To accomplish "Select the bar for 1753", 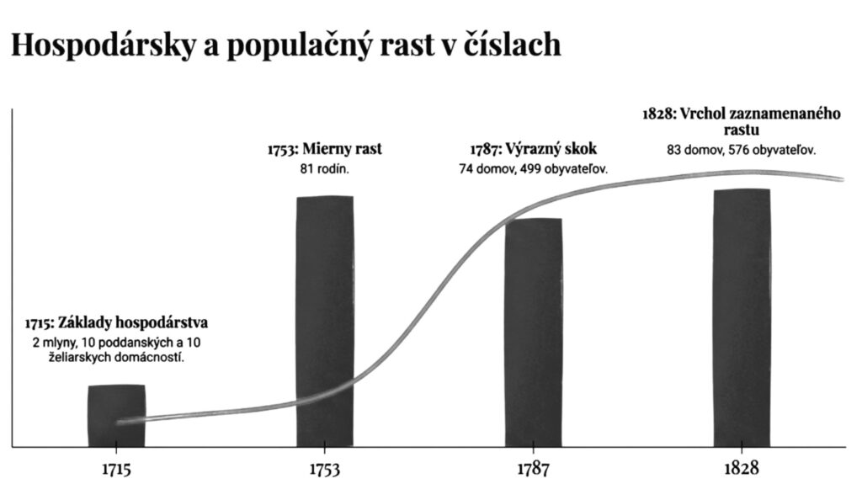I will (x=325, y=321).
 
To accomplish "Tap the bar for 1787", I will (x=533, y=332).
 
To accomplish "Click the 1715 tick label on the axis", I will (x=116, y=469).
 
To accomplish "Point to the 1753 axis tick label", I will (x=325, y=469).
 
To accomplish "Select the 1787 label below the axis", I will (x=533, y=469).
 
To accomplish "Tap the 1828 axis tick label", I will (x=742, y=469).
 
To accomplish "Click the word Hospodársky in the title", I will (x=101, y=45).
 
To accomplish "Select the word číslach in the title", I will (x=513, y=45).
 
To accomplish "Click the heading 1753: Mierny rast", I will (x=324, y=150).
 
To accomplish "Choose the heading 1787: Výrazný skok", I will (x=533, y=150).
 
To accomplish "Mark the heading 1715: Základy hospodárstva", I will (x=116, y=323).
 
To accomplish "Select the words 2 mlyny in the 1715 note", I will (x=51, y=342).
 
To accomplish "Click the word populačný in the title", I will (x=296, y=45).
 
